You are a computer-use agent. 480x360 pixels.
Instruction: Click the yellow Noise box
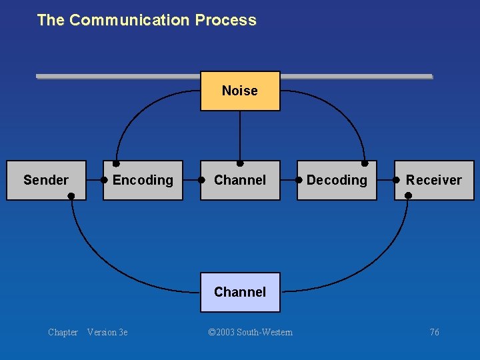coord(240,91)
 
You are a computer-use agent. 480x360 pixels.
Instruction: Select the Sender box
coord(46,180)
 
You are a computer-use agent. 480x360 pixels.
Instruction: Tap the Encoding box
coord(143,180)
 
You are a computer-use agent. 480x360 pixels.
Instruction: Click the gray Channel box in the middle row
coord(240,180)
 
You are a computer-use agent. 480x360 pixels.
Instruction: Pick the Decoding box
coord(337,180)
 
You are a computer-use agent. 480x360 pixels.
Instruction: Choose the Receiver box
coord(434,180)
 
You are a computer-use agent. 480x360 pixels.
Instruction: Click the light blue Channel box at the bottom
coord(240,292)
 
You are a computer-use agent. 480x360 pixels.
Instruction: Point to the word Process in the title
coord(225,20)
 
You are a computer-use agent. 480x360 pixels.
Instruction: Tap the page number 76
coord(434,332)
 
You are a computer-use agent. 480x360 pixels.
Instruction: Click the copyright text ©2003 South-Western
coord(250,332)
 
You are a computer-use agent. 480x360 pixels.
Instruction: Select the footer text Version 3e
coord(107,332)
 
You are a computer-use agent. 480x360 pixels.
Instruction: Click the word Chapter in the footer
coord(63,332)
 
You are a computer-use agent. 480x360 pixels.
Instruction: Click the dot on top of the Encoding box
coord(116,163)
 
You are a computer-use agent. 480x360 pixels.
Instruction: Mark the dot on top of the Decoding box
coord(365,163)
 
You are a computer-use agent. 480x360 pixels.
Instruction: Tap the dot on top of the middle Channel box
coord(240,163)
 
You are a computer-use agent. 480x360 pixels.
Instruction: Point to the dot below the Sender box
coord(71,196)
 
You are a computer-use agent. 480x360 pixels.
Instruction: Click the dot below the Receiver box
coord(409,196)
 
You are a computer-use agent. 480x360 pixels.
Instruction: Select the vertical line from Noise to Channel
coord(240,137)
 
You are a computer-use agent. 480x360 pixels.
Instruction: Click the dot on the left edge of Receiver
coord(397,180)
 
